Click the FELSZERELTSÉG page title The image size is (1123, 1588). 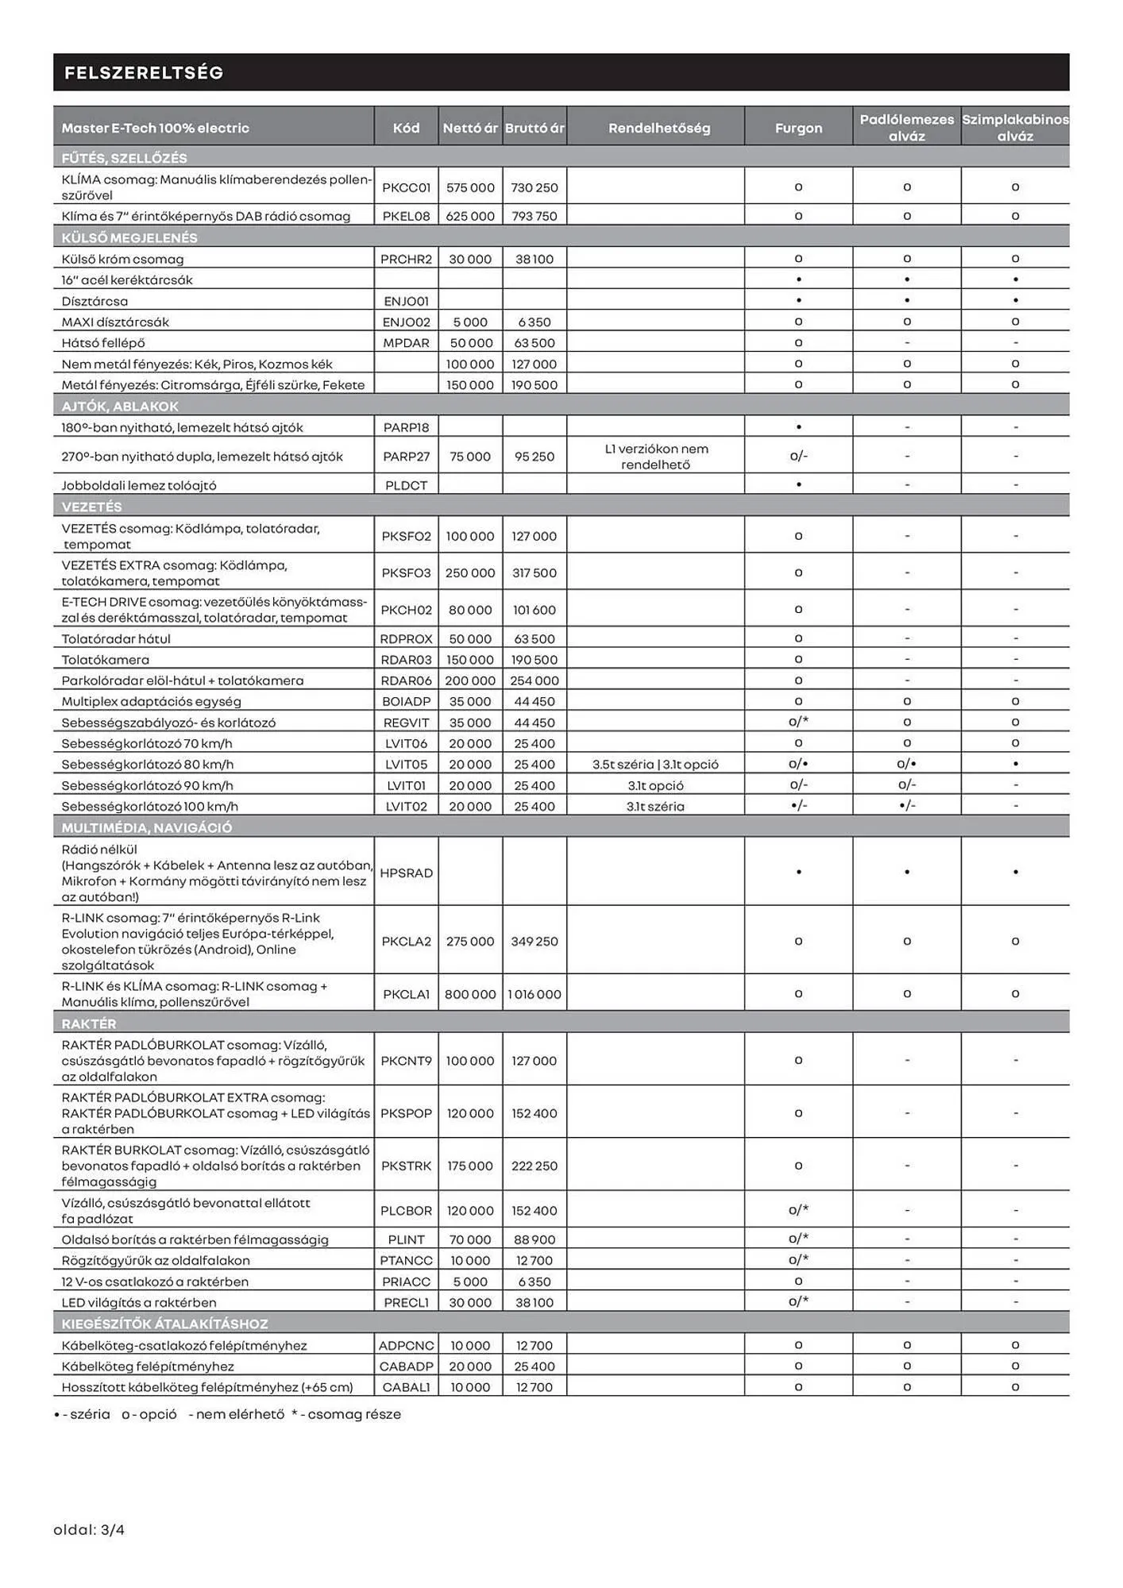tap(144, 73)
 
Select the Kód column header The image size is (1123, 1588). tap(406, 128)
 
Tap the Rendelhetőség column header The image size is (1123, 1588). tap(658, 128)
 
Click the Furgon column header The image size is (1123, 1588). tap(798, 128)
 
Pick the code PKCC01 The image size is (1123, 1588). tap(406, 187)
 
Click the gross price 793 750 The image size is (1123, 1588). tap(534, 216)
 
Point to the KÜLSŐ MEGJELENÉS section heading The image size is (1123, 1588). tap(129, 237)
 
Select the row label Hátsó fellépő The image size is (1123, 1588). tap(103, 343)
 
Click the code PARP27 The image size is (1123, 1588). tap(406, 457)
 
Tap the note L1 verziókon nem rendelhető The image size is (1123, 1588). tap(656, 457)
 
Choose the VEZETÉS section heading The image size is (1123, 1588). tap(92, 507)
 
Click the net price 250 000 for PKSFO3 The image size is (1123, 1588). tap(470, 572)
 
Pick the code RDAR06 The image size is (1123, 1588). tap(406, 680)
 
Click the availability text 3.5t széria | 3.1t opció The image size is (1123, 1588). tap(655, 765)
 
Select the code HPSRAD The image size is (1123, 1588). tap(406, 873)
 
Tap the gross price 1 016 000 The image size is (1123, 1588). tap(534, 994)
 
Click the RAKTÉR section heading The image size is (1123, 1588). tap(89, 1023)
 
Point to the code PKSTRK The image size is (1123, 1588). tap(406, 1166)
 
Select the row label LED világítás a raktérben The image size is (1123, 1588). tap(139, 1302)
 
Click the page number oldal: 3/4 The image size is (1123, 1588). tap(89, 1530)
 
